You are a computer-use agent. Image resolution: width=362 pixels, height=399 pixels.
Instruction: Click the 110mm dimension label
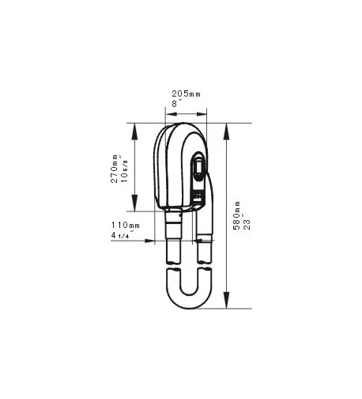point(125,226)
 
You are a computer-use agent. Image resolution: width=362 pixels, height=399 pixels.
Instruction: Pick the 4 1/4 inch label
point(124,235)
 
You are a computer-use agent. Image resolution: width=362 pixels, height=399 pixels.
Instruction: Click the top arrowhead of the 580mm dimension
point(227,127)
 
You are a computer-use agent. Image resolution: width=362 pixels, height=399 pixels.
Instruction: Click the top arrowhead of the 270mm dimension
point(135,127)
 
